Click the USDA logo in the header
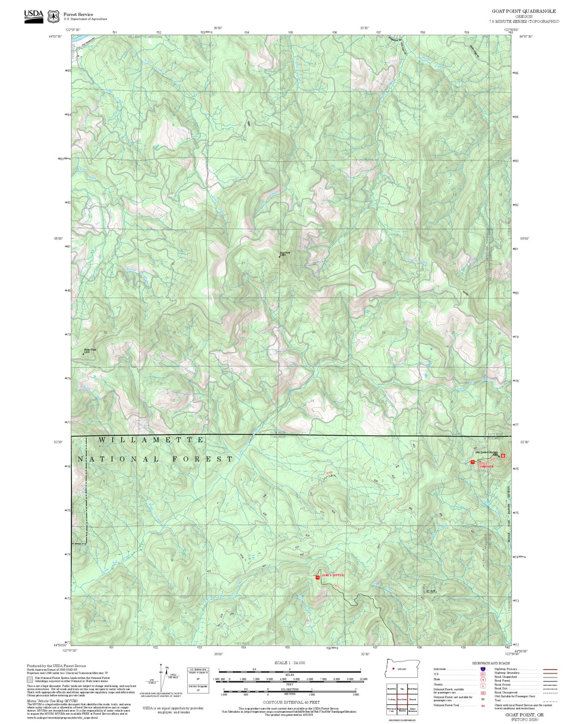[33, 16]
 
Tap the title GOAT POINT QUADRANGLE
[523, 11]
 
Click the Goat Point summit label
[285, 253]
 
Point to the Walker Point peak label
[90, 350]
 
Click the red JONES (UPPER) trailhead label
[333, 575]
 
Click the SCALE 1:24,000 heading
[290, 663]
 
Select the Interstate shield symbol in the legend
[483, 669]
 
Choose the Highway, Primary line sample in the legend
[550, 669]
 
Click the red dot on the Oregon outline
[393, 669]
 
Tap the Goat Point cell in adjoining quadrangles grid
[402, 699]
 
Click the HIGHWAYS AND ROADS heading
[491, 663]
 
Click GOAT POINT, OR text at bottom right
[524, 715]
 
